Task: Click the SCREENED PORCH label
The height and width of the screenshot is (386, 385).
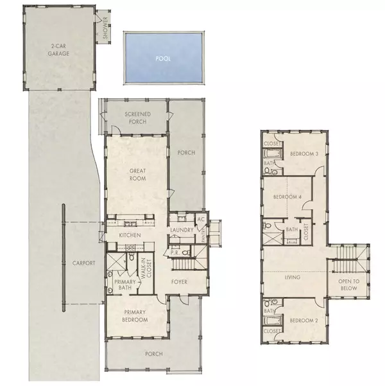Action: pos(137,118)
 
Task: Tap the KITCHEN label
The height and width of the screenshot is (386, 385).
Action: pos(130,236)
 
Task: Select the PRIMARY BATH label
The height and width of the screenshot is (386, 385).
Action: pos(122,285)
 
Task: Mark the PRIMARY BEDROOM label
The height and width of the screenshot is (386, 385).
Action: pos(135,316)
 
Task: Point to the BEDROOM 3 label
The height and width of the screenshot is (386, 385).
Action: pos(304,154)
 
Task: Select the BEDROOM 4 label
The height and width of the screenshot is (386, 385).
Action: pos(287,197)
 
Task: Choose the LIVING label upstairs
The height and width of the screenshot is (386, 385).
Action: pos(293,277)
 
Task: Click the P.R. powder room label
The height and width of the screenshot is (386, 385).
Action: pos(175,252)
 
